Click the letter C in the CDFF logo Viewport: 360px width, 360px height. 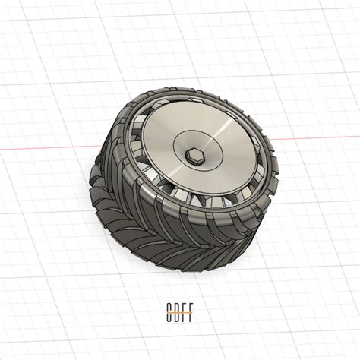click(169, 310)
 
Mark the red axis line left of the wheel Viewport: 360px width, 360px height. click(46, 147)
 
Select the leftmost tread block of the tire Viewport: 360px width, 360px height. click(97, 182)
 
